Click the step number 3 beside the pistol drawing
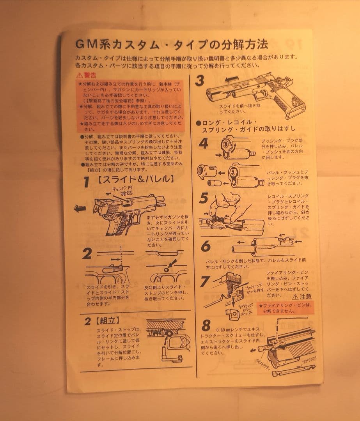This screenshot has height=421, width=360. point(200,81)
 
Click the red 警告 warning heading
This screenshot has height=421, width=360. point(86,75)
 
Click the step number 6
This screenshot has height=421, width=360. point(206,246)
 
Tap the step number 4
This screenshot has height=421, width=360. point(204,144)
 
